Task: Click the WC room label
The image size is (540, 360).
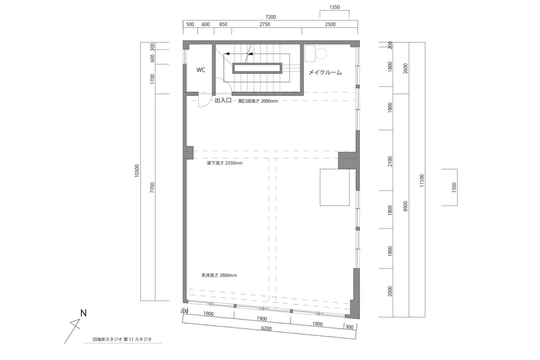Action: [x=201, y=70]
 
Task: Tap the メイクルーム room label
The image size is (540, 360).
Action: [x=325, y=72]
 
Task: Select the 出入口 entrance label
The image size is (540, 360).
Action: [x=223, y=100]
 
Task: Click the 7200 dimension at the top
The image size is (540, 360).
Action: [x=270, y=17]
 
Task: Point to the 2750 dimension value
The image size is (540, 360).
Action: [x=265, y=24]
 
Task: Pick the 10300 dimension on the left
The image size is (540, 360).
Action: [x=137, y=171]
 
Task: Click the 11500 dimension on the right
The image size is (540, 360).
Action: [x=422, y=180]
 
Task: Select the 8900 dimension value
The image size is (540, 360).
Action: [x=405, y=206]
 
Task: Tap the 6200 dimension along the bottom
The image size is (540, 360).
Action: [x=266, y=328]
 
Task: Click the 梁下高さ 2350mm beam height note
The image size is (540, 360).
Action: [x=225, y=163]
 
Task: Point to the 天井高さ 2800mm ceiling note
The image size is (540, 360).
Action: [x=219, y=275]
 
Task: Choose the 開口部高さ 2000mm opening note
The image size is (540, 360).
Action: [x=258, y=101]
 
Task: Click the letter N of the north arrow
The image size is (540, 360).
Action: [x=83, y=313]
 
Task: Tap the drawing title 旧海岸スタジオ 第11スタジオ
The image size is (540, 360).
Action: [x=122, y=339]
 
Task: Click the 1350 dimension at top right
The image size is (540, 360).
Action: [x=335, y=7]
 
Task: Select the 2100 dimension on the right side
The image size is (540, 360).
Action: [x=390, y=161]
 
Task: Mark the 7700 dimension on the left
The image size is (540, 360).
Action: [x=152, y=187]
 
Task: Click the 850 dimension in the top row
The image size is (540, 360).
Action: [x=223, y=24]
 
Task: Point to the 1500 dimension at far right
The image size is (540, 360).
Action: [x=454, y=187]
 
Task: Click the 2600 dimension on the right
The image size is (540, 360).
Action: [x=405, y=68]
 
